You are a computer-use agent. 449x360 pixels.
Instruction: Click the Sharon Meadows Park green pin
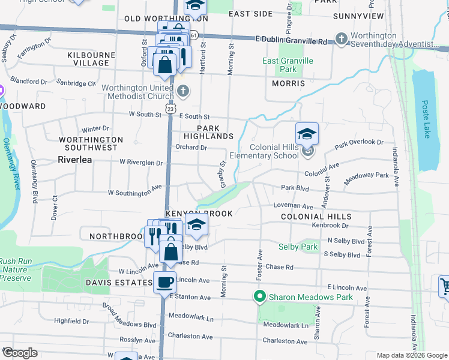260,296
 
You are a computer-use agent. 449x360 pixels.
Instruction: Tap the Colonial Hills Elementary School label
274,151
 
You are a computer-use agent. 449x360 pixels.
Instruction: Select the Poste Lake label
426,117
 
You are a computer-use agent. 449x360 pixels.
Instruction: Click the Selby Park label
298,247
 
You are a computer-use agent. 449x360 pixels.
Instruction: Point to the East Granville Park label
288,65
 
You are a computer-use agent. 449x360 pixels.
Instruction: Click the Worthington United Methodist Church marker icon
184,92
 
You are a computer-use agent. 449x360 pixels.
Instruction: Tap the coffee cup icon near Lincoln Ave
164,282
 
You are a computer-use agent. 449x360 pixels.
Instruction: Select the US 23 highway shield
171,110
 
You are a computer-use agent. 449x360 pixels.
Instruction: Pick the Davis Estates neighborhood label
119,283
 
